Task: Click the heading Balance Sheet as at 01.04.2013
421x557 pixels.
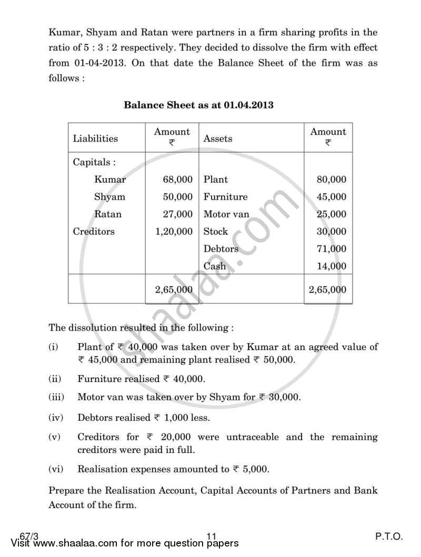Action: point(198,105)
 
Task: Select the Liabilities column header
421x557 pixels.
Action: point(95,139)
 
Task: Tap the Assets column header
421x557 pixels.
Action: point(218,139)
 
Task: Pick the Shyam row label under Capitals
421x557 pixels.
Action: point(109,197)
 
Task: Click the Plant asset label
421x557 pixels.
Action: point(216,180)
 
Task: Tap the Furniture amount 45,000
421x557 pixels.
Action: point(332,197)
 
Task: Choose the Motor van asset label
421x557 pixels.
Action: point(226,214)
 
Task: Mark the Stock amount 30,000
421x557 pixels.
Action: point(332,232)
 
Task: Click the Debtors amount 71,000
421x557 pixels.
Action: point(332,249)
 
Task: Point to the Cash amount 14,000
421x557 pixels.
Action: point(332,266)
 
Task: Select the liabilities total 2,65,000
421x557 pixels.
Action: point(169,290)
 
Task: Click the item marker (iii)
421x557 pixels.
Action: point(56,397)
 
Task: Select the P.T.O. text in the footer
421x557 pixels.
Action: point(389,536)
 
